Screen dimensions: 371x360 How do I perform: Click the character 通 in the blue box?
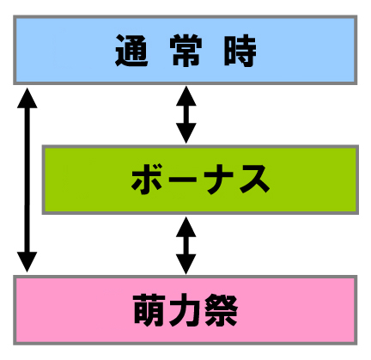pyautogui.click(x=131, y=51)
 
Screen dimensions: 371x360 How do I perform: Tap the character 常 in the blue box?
pyautogui.click(x=185, y=51)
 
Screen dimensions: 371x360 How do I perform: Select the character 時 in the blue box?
pyautogui.click(x=240, y=51)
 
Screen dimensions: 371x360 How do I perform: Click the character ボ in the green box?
pyautogui.click(x=148, y=180)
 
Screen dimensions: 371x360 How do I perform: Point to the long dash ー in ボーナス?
pyautogui.click(x=182, y=180)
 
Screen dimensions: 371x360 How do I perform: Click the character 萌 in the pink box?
pyautogui.click(x=149, y=310)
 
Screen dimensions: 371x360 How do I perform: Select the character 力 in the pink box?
pyautogui.click(x=185, y=310)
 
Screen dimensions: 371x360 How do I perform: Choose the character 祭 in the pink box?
pyautogui.click(x=221, y=310)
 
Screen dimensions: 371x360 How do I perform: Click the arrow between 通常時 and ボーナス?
pyautogui.click(x=186, y=114)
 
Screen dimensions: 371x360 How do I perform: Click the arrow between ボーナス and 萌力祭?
pyautogui.click(x=186, y=246)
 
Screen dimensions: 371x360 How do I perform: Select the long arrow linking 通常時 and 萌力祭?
pyautogui.click(x=27, y=180)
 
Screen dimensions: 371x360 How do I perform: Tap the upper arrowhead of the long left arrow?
pyautogui.click(x=27, y=98)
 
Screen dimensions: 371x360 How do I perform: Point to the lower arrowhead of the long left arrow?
pyautogui.click(x=27, y=262)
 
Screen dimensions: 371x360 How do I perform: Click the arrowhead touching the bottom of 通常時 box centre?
pyautogui.click(x=186, y=96)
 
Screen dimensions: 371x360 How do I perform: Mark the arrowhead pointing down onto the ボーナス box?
pyautogui.click(x=186, y=133)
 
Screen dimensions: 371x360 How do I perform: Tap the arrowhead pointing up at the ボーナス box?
pyautogui.click(x=186, y=227)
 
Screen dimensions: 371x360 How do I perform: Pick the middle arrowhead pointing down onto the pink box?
pyautogui.click(x=186, y=265)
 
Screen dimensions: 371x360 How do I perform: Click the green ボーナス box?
pyautogui.click(x=200, y=180)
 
